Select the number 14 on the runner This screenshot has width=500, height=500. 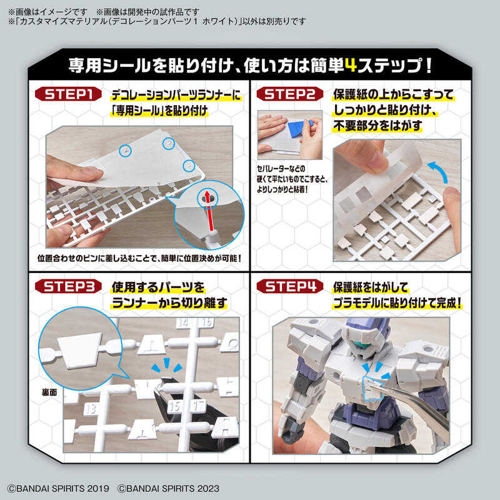pyautogui.click(x=182, y=323)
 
